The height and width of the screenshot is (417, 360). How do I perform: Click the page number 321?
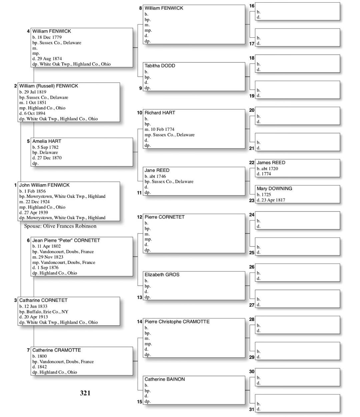85,393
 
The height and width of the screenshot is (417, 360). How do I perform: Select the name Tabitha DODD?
160,66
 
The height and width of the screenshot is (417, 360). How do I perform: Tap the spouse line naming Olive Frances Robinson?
60,226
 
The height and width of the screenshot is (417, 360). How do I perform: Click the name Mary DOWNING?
274,188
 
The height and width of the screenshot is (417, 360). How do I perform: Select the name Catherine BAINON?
164,379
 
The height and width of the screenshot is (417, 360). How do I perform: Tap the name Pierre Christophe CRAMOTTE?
177,322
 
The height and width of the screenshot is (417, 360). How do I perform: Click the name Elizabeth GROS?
162,275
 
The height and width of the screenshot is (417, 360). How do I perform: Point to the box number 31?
252,409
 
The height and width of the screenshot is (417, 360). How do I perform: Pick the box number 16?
252,6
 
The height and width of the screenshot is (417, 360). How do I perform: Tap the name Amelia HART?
47,141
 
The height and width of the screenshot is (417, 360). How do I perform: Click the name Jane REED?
157,170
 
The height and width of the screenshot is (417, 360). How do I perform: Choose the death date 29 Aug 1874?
47,59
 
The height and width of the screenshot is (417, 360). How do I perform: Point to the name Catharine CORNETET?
43,300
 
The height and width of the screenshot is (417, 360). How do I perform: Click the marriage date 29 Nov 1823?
48,257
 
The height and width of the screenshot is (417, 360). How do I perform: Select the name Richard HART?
160,113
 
